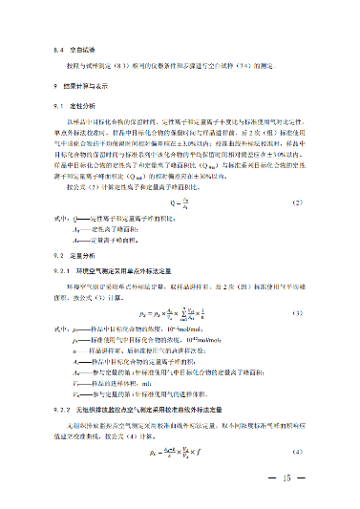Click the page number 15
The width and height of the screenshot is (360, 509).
pyautogui.click(x=286, y=477)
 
